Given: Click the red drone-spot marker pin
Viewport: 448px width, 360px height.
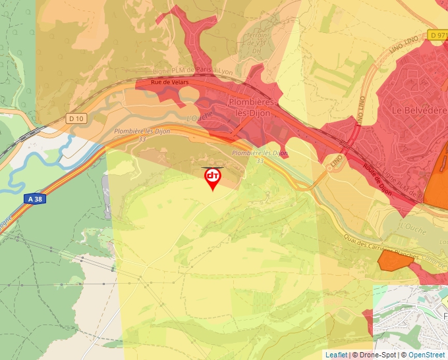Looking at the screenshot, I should click(212, 177).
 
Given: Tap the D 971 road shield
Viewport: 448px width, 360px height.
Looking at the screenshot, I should click(437, 34).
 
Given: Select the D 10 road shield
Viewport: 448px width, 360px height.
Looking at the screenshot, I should click(76, 118).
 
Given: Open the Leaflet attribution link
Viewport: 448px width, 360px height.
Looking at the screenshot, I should click(336, 355).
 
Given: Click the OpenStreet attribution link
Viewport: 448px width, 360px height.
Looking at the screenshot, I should click(428, 355).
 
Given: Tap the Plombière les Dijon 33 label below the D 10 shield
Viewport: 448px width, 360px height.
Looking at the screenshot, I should click(142, 134).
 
